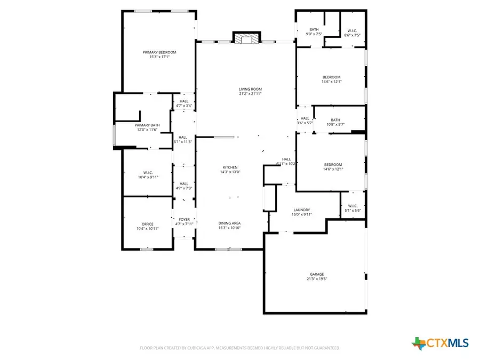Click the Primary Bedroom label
(159, 52)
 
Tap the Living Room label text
(250, 89)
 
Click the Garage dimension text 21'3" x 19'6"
(316, 278)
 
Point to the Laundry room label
(301, 210)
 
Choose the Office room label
(147, 224)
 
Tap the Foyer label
(184, 219)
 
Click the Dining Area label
(230, 223)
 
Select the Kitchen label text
(230, 167)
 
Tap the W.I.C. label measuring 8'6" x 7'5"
(352, 30)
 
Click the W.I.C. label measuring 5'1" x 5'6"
(353, 206)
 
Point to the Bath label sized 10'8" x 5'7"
(335, 120)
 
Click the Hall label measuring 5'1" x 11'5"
(183, 137)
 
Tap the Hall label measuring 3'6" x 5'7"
(305, 118)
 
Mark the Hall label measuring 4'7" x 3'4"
(183, 101)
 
